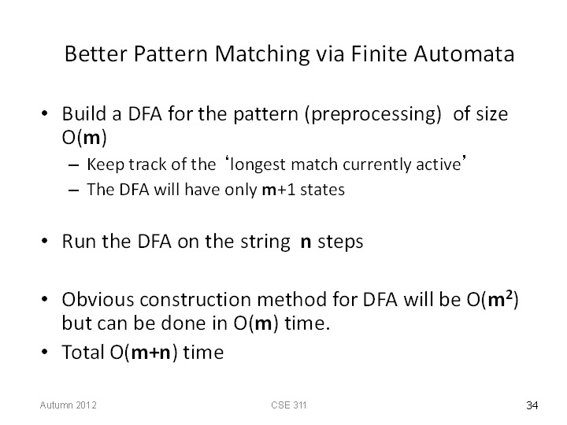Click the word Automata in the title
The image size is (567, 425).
point(464,54)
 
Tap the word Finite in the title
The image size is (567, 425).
point(379,54)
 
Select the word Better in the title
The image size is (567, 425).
point(96,54)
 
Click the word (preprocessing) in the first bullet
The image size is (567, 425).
point(372,115)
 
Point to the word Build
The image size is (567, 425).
point(84,113)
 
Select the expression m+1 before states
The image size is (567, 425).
point(279,190)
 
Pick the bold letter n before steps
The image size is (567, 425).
point(306,242)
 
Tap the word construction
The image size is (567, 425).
point(195,300)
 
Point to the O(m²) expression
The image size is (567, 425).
point(492,300)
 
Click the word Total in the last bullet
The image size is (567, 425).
point(83,352)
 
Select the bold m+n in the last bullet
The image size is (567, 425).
point(150,353)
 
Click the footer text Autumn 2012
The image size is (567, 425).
point(69,405)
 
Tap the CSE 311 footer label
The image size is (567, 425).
point(288,405)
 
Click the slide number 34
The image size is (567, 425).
point(532,405)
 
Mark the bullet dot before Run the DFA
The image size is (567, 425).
point(44,241)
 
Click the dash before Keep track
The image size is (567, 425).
point(73,165)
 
